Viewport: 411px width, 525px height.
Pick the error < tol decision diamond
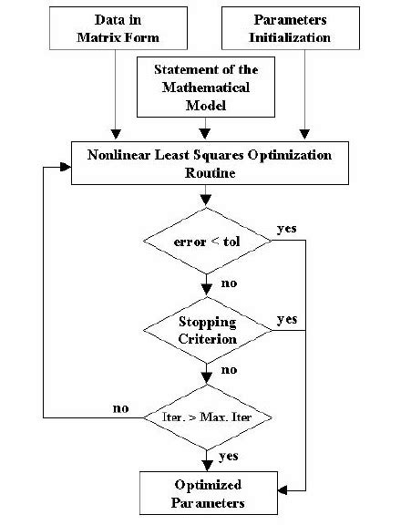click(209, 242)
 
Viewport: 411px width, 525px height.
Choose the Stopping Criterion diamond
click(209, 330)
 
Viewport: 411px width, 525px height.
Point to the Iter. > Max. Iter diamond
click(209, 417)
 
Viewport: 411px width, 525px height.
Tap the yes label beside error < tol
click(286, 228)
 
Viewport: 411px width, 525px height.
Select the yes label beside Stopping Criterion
click(286, 320)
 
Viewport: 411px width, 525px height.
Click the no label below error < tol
click(229, 283)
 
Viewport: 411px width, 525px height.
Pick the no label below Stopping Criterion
click(229, 371)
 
